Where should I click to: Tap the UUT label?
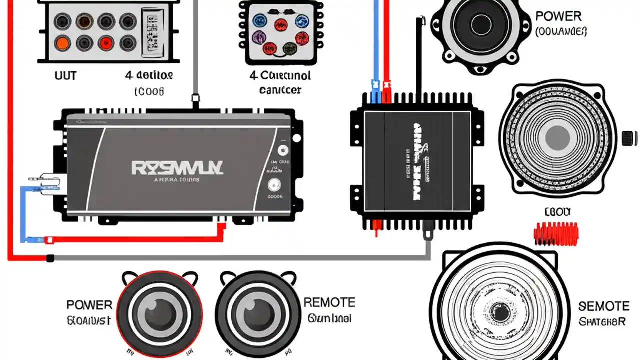pos(65,75)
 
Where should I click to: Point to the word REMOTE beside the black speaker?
pos(329,302)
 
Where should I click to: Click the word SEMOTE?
pos(603,306)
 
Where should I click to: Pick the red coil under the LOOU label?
pos(556,233)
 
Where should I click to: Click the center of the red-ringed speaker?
pos(159,313)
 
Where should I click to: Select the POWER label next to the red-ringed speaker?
pos(89,305)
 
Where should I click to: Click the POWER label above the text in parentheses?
pos(558,16)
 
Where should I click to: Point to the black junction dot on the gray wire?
pos(50,258)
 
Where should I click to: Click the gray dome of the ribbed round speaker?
pos(557,137)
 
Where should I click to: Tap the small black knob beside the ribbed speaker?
pos(629,137)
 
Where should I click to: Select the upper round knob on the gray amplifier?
pos(283,150)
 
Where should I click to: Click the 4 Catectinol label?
pos(280,76)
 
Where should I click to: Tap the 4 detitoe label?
pos(149,76)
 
